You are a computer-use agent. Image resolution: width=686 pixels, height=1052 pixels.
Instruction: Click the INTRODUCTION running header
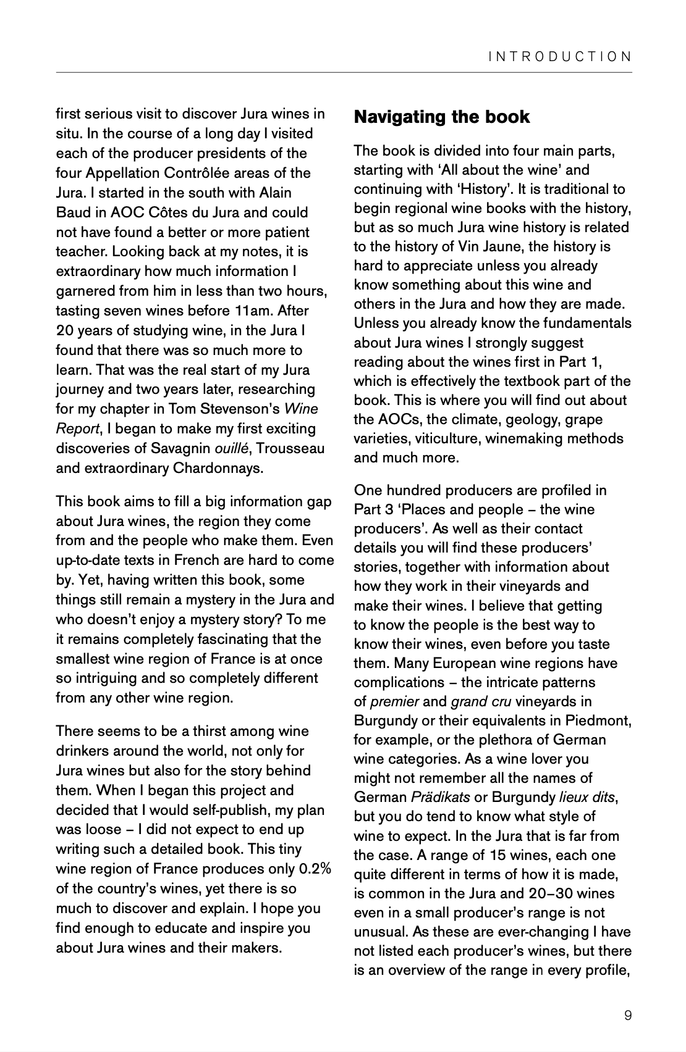pos(560,57)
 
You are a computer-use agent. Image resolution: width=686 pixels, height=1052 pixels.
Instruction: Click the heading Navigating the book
pos(442,117)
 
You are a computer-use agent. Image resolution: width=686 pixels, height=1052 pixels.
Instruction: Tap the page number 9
pos(628,1016)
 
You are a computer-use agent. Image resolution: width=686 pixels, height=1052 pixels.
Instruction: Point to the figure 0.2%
pos(315,869)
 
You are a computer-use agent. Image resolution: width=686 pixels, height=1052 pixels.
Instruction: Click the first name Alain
pos(271,193)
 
